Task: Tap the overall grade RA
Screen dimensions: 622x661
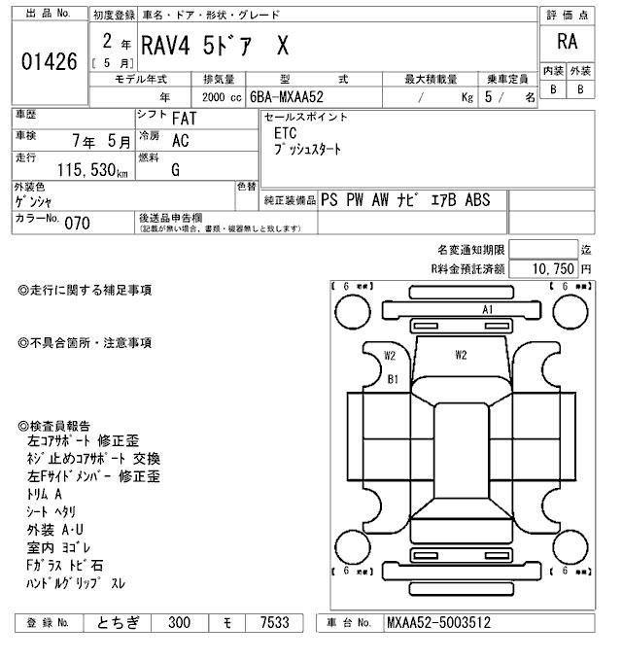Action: (567, 42)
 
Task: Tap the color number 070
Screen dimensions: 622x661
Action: (77, 224)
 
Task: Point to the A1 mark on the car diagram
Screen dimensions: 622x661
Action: (488, 309)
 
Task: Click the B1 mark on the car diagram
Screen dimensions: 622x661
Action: (394, 379)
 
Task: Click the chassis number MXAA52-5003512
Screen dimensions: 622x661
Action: (437, 623)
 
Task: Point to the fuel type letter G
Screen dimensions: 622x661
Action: (175, 170)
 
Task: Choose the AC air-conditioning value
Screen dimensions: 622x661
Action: (180, 141)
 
